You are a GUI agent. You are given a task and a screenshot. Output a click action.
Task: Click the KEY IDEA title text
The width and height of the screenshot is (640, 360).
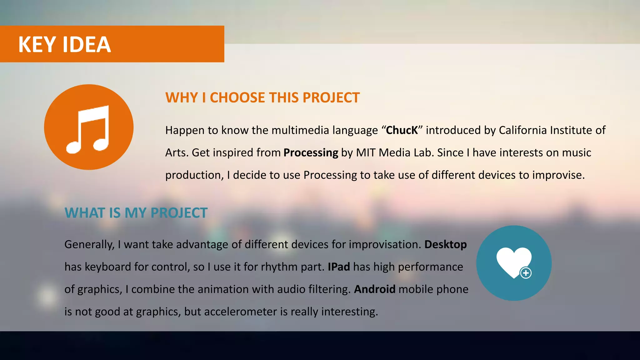pos(64,44)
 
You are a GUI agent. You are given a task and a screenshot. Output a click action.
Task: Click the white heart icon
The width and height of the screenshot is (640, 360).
pos(512,261)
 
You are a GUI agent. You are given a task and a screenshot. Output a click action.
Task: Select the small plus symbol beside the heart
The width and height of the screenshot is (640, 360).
pos(526,273)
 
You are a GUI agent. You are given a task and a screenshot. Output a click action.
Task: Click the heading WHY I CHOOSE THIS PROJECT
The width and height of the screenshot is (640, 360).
pos(262,97)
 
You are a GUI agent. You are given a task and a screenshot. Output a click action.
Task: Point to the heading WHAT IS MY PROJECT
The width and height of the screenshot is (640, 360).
pos(136,213)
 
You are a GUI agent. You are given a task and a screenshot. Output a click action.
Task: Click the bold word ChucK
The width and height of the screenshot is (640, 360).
pos(402,130)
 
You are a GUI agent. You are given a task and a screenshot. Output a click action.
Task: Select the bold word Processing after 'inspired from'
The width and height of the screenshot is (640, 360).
pos(311,153)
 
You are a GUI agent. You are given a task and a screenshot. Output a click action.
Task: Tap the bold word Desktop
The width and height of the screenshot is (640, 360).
pos(445,244)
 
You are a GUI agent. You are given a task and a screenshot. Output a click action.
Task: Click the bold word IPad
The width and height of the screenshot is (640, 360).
pos(339,267)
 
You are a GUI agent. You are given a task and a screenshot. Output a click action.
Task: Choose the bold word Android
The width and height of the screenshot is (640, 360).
pos(374,289)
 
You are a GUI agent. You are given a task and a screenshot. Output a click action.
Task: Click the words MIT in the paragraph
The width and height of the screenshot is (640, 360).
pos(366,153)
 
